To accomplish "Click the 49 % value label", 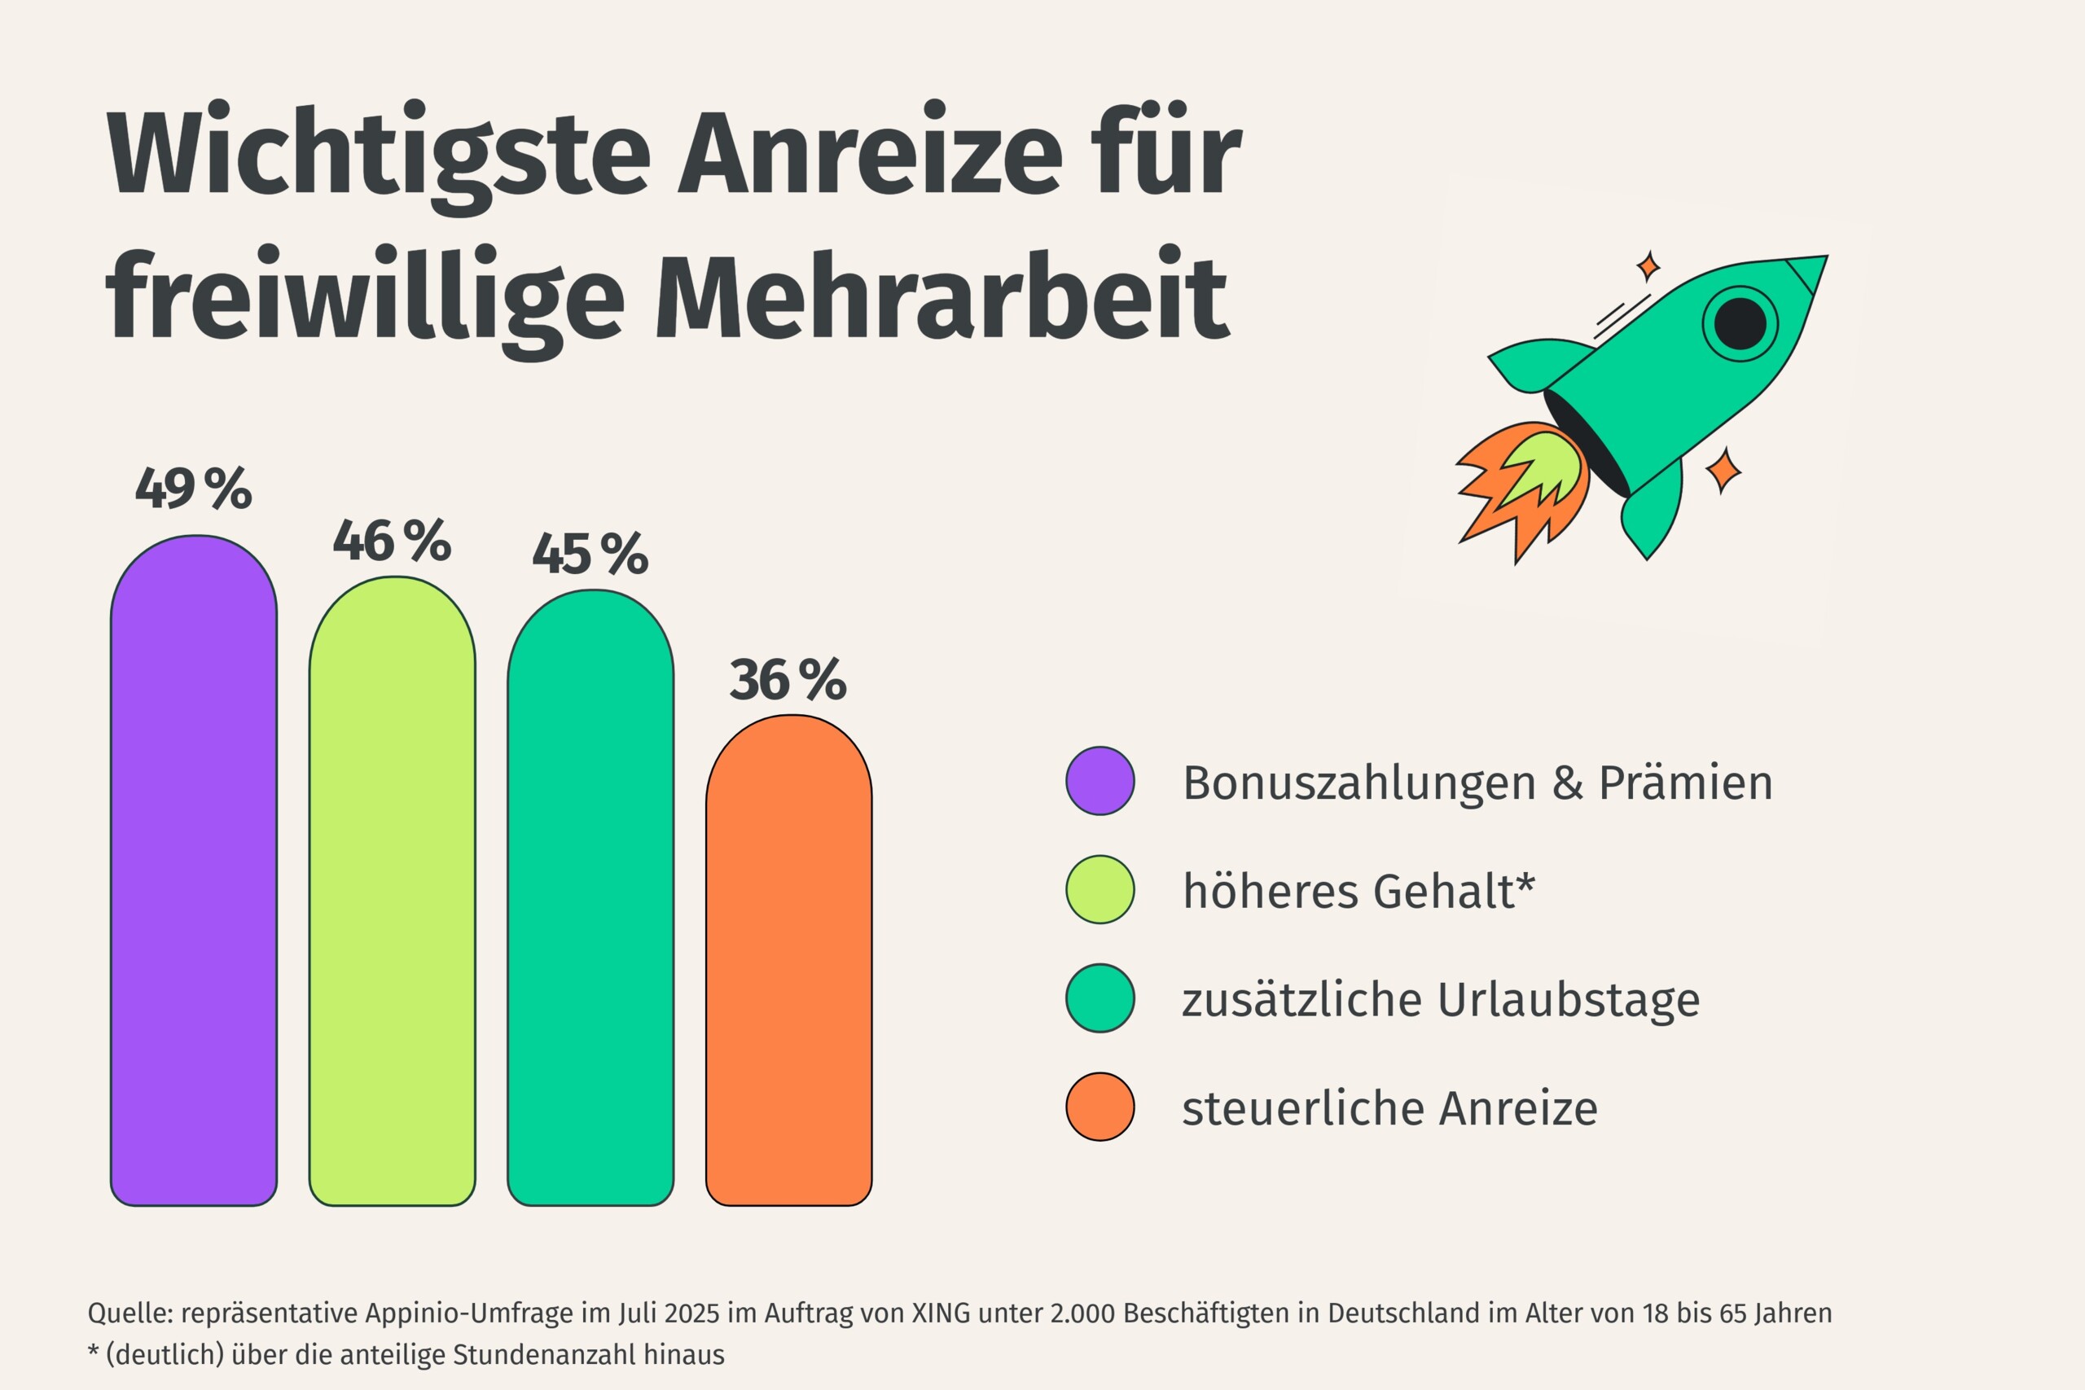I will coord(193,489).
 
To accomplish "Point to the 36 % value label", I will coord(788,681).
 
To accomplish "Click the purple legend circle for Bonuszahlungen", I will coord(1100,781).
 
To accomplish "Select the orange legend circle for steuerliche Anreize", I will coord(1100,1107).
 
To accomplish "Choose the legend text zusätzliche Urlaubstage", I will coord(1441,1000).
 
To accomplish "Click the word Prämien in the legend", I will coord(1685,783).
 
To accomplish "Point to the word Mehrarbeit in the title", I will coord(942,297).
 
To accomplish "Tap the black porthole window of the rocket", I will coord(1740,323).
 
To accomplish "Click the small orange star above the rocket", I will coord(1648,265).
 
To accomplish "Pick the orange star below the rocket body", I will coord(1723,470).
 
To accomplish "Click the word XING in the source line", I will coord(941,1313).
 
